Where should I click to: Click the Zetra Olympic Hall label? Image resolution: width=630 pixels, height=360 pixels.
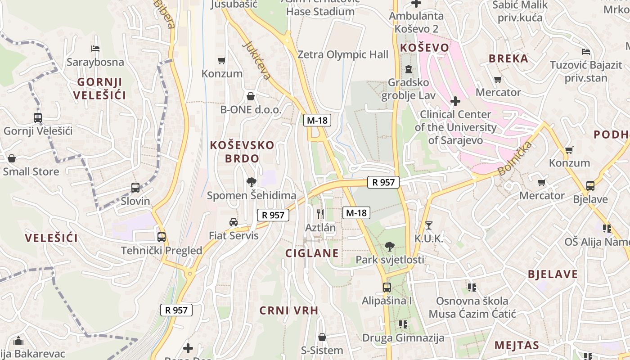342,55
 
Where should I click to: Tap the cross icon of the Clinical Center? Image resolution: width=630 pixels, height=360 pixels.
455,101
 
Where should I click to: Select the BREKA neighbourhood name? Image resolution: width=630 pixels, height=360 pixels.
508,58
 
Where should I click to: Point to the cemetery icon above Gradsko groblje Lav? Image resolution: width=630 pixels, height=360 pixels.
408,69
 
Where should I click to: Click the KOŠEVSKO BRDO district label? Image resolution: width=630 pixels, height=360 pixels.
242,152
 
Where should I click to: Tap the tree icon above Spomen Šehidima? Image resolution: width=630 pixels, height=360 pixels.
251,182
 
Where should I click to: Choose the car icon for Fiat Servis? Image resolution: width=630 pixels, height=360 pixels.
233,222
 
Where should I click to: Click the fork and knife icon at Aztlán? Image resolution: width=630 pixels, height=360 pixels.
320,214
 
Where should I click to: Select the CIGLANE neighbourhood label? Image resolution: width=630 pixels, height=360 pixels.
312,253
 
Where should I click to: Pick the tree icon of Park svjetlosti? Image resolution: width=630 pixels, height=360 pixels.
389,246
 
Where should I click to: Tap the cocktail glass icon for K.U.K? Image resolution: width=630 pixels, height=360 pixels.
428,225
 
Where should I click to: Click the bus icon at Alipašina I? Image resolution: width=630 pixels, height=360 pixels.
387,287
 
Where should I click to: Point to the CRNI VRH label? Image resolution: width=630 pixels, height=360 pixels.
289,310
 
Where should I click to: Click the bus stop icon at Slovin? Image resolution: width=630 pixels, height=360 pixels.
135,188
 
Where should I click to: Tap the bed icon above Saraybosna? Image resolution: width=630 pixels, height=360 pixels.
95,48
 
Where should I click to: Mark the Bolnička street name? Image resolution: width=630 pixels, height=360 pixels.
515,159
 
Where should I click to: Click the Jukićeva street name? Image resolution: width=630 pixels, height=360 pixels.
257,60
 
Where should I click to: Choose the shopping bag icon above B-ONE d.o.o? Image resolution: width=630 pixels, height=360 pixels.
251,96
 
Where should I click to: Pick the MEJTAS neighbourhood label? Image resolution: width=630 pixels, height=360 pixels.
517,345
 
